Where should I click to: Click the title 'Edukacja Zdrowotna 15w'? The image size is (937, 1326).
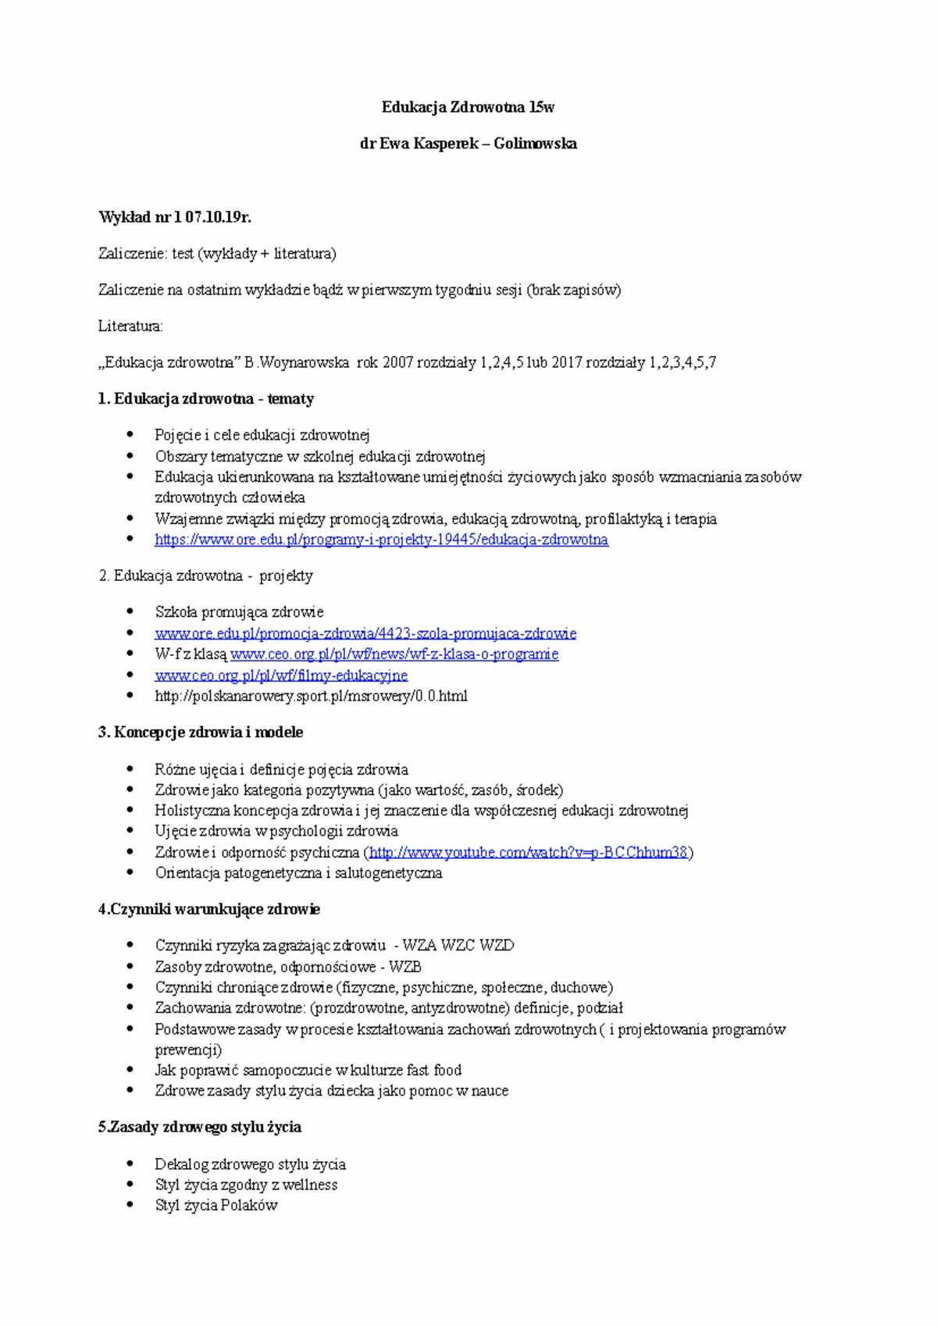(x=468, y=107)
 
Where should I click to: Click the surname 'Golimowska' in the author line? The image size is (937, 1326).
(x=535, y=144)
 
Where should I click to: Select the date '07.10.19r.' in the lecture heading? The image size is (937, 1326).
(x=218, y=217)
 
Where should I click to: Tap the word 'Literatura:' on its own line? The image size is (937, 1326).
(x=130, y=326)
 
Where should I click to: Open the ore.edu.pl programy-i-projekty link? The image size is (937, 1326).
(x=381, y=540)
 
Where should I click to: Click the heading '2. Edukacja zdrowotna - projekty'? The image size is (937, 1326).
(x=205, y=576)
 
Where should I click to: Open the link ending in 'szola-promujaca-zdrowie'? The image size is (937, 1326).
(x=365, y=633)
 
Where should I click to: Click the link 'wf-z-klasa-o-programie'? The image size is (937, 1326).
(x=394, y=654)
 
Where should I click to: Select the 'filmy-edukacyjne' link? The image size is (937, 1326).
(x=281, y=675)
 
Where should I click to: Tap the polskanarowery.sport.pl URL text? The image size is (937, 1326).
(x=311, y=696)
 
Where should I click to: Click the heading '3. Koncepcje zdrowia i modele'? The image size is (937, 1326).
(x=201, y=733)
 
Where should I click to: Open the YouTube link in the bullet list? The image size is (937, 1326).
(x=528, y=852)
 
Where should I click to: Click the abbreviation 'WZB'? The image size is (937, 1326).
(x=405, y=967)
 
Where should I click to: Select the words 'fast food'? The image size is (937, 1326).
(x=433, y=1071)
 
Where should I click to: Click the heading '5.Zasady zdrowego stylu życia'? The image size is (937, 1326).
(x=200, y=1128)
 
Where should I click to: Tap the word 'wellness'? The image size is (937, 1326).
(x=310, y=1185)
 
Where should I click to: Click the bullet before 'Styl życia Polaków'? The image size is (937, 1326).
(x=130, y=1205)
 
